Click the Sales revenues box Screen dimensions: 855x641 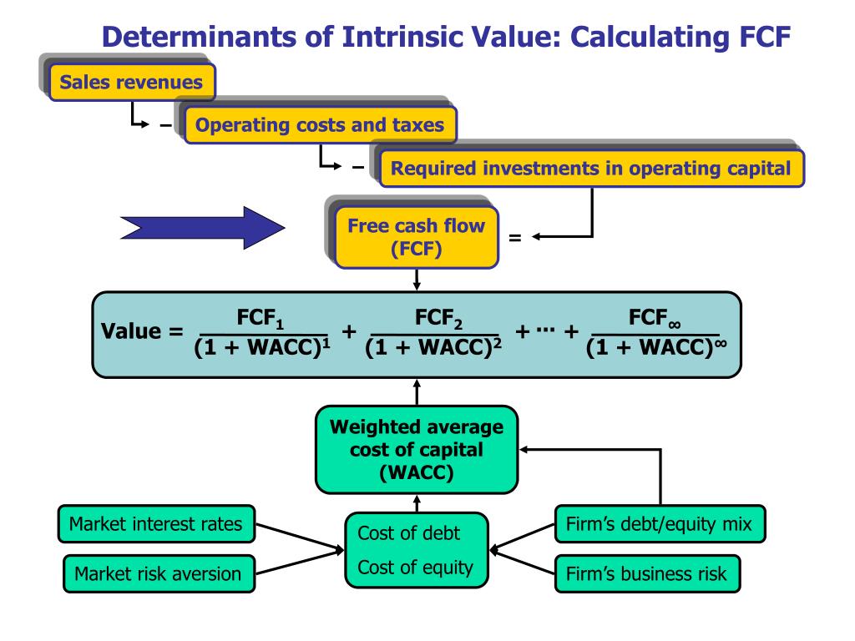click(131, 83)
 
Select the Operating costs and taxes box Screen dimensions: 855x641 click(320, 125)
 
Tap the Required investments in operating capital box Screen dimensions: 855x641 click(591, 168)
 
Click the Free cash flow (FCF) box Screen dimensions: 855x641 click(416, 237)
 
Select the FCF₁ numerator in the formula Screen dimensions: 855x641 click(258, 319)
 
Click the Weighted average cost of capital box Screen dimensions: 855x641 click(417, 450)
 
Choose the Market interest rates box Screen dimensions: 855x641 click(155, 525)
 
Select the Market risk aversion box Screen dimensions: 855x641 click(158, 573)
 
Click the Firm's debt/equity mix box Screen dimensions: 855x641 click(660, 525)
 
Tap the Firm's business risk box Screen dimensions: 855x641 click(646, 573)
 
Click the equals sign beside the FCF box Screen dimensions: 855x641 click(514, 238)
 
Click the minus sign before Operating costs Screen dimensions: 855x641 click(166, 127)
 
